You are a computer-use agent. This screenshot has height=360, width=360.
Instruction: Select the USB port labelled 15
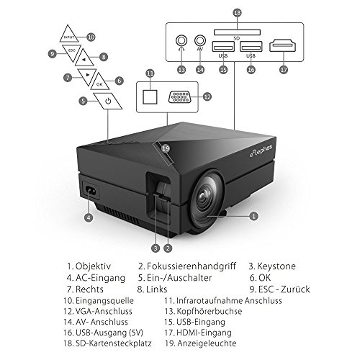tap(222, 49)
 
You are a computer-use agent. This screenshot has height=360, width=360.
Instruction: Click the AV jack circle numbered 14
tap(200, 42)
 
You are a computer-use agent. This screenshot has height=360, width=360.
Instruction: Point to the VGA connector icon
tap(181, 96)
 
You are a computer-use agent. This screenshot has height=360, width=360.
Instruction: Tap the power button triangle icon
tap(107, 101)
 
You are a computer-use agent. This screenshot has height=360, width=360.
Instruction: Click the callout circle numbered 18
tap(238, 12)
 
